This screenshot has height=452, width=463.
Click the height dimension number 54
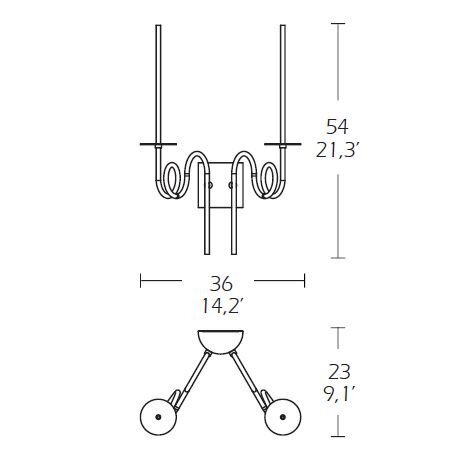[x=337, y=127]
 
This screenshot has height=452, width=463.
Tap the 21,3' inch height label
[x=337, y=150]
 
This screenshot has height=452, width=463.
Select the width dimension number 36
[x=220, y=284]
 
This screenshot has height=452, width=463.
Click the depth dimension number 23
[x=339, y=372]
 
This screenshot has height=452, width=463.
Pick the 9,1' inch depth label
[x=339, y=395]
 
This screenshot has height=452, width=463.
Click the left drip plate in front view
[x=158, y=144]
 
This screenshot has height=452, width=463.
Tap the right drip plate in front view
[x=283, y=144]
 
